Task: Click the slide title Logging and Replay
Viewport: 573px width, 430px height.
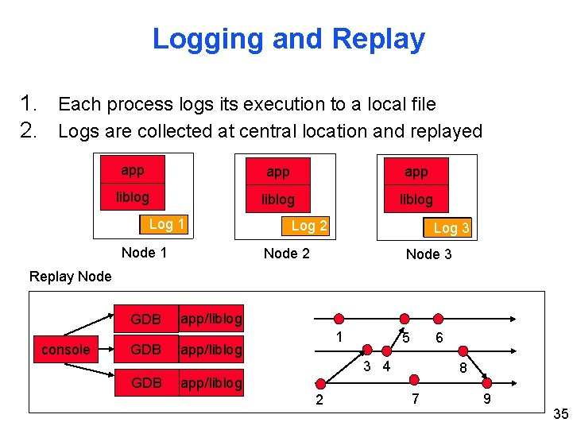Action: (288, 38)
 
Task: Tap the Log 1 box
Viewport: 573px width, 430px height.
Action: (165, 224)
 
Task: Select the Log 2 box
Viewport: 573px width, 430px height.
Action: (308, 226)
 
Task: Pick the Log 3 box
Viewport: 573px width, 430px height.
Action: (450, 228)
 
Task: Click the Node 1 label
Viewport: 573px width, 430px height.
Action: (144, 253)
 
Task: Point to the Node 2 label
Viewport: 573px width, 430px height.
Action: (286, 254)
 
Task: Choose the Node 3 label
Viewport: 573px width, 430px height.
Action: (428, 254)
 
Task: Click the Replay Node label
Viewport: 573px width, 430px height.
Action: (70, 277)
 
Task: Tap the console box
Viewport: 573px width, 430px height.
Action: (65, 350)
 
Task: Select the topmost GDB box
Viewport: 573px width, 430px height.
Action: (145, 320)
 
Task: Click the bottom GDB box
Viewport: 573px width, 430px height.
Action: (145, 383)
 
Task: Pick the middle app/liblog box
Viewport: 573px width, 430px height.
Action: (211, 350)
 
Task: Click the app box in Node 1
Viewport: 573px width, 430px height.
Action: (133, 171)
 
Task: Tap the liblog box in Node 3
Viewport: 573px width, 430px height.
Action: (416, 200)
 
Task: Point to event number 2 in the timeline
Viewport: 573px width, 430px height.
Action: (319, 400)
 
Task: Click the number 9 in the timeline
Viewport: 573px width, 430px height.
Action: (486, 398)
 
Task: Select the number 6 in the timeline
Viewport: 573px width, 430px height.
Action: (439, 338)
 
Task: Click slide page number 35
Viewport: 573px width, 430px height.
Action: (559, 413)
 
